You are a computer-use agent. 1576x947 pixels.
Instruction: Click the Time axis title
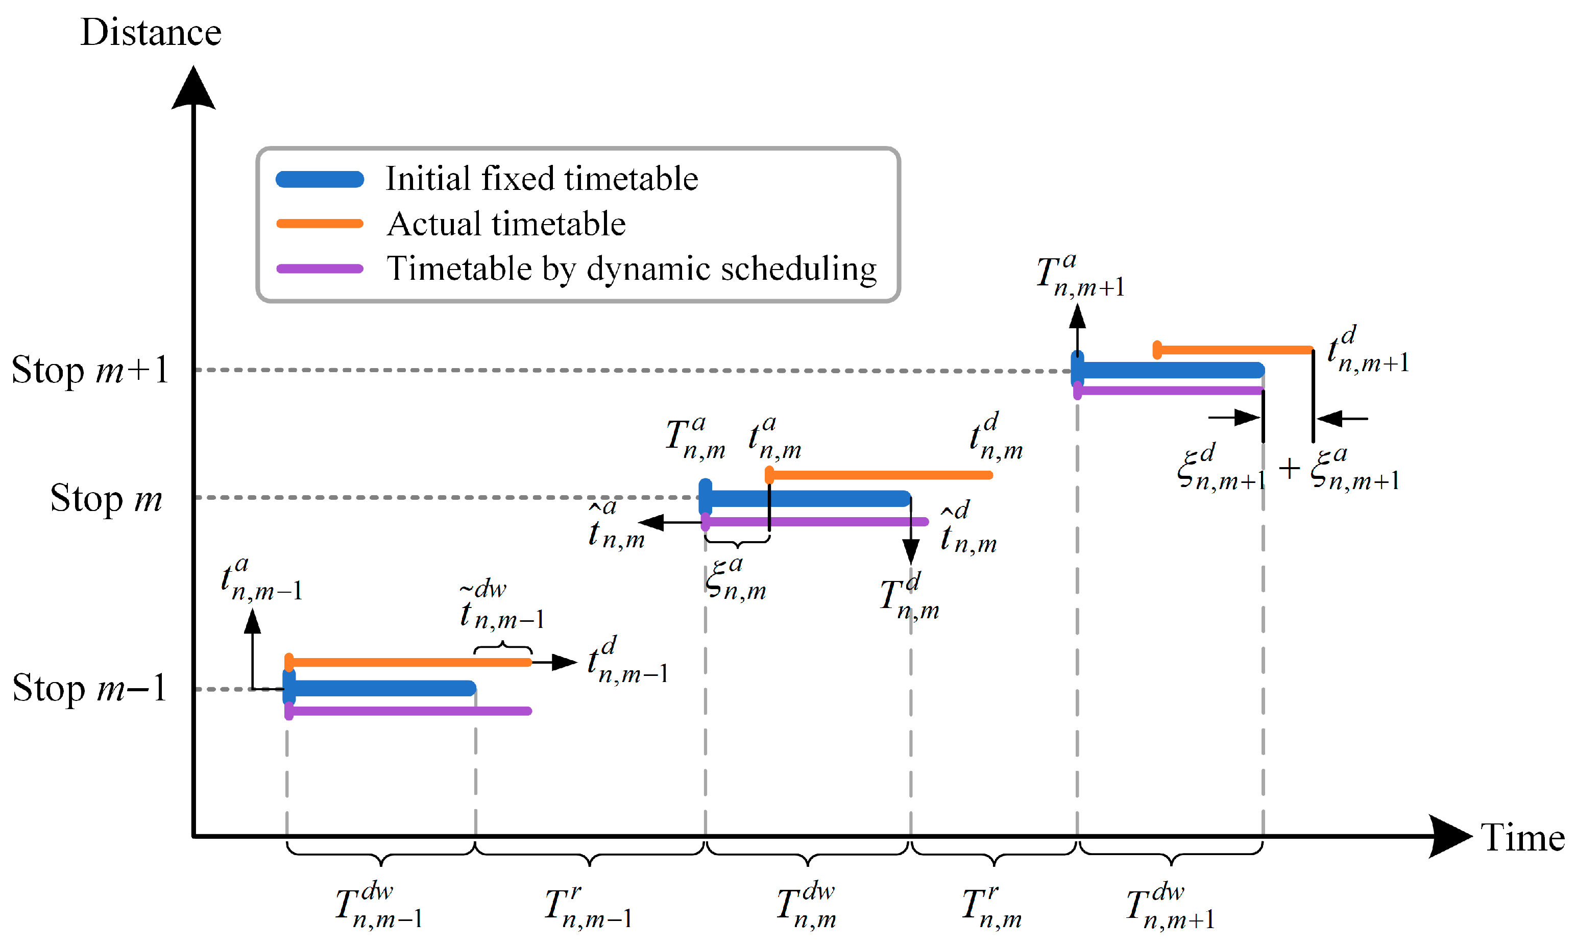click(1522, 837)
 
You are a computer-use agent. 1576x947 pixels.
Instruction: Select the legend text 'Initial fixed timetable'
click(542, 179)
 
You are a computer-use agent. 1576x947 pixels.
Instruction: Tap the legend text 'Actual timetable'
click(506, 224)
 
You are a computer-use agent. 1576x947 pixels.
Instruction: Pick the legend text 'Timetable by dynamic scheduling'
click(632, 269)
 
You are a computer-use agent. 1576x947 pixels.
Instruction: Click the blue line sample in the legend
click(320, 179)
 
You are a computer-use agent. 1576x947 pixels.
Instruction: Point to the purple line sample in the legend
click(320, 269)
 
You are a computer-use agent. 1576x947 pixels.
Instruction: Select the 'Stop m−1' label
click(89, 689)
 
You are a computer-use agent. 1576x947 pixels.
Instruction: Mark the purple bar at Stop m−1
click(408, 711)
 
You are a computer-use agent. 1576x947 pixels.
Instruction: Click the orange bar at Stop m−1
click(408, 663)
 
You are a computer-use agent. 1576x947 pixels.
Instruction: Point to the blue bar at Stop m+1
click(1168, 370)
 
